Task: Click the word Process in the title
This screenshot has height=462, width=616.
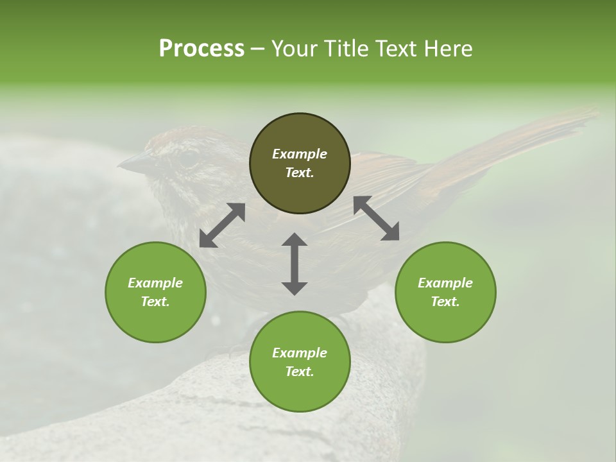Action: click(x=201, y=49)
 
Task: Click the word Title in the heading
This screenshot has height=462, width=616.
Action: click(x=345, y=49)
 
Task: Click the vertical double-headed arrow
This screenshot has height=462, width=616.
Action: click(x=295, y=264)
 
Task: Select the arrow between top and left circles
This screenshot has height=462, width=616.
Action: click(x=222, y=225)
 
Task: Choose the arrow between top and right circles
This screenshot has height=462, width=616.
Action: click(x=377, y=218)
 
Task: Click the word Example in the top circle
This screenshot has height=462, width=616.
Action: click(x=300, y=154)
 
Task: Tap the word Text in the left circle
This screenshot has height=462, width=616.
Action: click(x=155, y=302)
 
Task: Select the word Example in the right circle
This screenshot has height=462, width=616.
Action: click(x=445, y=283)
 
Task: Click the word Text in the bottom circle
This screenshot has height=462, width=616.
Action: click(x=300, y=372)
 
